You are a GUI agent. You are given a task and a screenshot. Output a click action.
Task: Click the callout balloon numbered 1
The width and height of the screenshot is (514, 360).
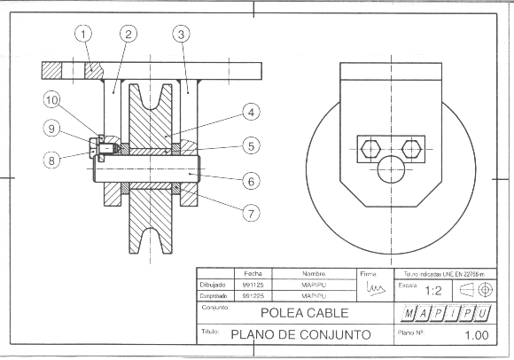83,35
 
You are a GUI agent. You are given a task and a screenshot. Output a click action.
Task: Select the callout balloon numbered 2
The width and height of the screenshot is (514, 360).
128,35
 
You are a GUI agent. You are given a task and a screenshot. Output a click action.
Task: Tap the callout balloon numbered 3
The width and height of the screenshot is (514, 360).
181,35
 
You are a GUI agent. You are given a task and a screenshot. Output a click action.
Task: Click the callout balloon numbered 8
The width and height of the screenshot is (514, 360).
52,160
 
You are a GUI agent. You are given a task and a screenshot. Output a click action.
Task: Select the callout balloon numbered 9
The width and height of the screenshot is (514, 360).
52,129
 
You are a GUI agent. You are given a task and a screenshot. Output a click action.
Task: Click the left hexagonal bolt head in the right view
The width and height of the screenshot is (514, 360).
371,148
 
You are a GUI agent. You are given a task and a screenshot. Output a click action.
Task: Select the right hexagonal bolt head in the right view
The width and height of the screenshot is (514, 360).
409,148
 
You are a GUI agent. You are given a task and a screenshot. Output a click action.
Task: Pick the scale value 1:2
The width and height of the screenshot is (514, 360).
434,290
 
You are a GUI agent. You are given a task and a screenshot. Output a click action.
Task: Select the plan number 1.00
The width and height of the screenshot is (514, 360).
475,335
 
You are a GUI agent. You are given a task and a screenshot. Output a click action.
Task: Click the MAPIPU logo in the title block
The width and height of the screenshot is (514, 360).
446,314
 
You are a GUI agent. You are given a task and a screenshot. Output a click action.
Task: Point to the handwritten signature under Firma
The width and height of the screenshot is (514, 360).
376,289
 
